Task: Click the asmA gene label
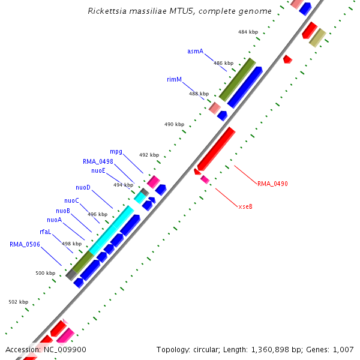[x=195, y=52]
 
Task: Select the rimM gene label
[x=174, y=79]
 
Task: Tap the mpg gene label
[x=116, y=152]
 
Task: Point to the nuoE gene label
[x=98, y=170]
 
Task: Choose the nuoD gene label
[x=83, y=188]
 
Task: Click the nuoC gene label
[x=71, y=200]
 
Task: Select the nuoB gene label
[x=63, y=211]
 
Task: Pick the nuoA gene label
[x=54, y=220]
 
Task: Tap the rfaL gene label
[x=46, y=232]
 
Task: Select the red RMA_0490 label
[x=272, y=184]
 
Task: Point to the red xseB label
[x=245, y=206]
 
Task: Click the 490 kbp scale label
[x=174, y=124]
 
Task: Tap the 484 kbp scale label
[x=248, y=32]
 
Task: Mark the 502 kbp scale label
[x=19, y=302]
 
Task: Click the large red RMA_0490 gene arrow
[x=216, y=148]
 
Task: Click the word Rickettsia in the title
[x=106, y=11]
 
